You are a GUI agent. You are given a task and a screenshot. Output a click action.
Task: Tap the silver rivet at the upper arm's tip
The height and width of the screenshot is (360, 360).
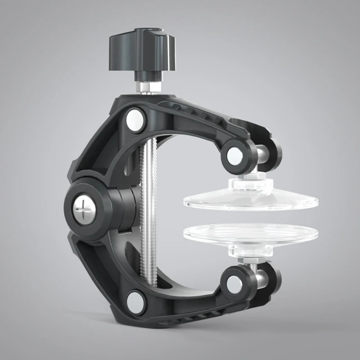pos(234,154)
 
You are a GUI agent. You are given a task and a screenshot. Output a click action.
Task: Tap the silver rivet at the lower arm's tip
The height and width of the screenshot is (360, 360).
pos(234,283)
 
